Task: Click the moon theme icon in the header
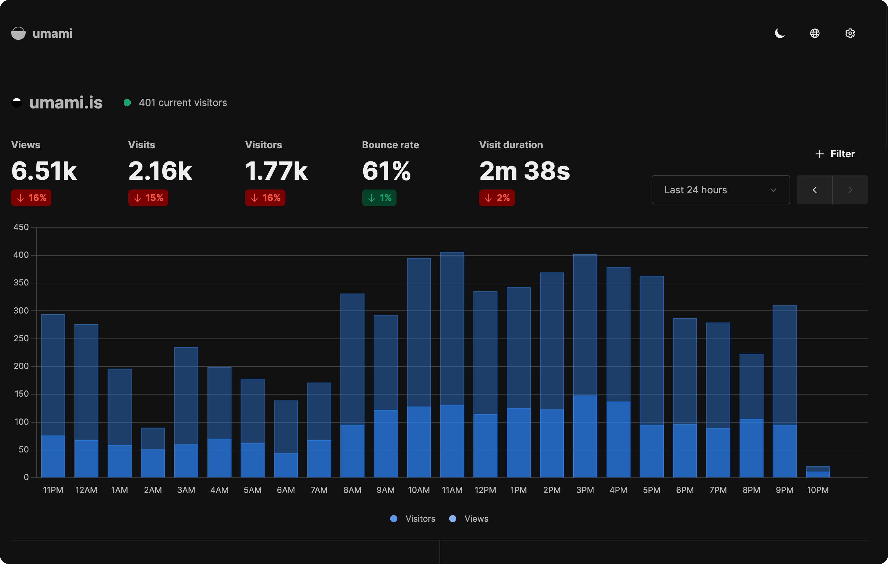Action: point(780,34)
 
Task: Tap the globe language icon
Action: point(815,34)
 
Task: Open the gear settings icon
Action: point(850,34)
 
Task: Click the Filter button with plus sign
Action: point(835,154)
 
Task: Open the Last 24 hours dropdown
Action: point(721,190)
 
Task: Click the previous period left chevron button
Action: point(815,190)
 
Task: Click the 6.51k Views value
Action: point(44,171)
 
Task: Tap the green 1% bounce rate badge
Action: point(379,198)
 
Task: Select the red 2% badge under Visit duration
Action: point(496,198)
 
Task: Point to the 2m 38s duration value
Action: point(524,171)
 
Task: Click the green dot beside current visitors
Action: point(127,103)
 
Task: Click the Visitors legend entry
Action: point(413,519)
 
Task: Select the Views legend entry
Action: point(469,519)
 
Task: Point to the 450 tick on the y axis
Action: point(21,227)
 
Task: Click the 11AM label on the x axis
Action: point(452,490)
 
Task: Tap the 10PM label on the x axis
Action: point(818,490)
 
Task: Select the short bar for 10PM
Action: point(818,472)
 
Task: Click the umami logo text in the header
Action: point(52,34)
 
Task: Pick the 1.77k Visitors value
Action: point(276,171)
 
